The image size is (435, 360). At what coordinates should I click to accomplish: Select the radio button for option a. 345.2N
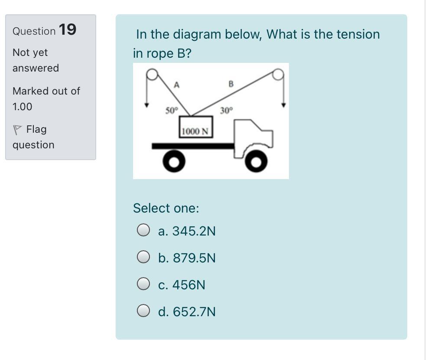(x=143, y=231)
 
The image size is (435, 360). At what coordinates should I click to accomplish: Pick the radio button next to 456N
(x=143, y=285)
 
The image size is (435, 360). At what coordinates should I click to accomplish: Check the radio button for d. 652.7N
(x=143, y=311)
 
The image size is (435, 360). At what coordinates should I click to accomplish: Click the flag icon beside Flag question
(x=17, y=130)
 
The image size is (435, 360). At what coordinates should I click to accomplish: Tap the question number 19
(x=67, y=30)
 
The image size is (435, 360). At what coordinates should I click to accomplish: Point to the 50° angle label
(x=171, y=110)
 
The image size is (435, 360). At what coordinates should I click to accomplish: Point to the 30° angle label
(x=226, y=111)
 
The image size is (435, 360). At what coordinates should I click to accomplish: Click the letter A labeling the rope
(x=176, y=85)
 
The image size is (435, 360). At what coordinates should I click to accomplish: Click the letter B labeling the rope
(x=230, y=84)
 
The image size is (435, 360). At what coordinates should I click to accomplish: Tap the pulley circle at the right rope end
(x=278, y=75)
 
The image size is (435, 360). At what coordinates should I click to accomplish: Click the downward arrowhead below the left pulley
(x=147, y=105)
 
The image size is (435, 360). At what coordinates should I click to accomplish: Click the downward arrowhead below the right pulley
(x=284, y=105)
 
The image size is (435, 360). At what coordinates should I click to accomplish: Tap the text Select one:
(x=166, y=208)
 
